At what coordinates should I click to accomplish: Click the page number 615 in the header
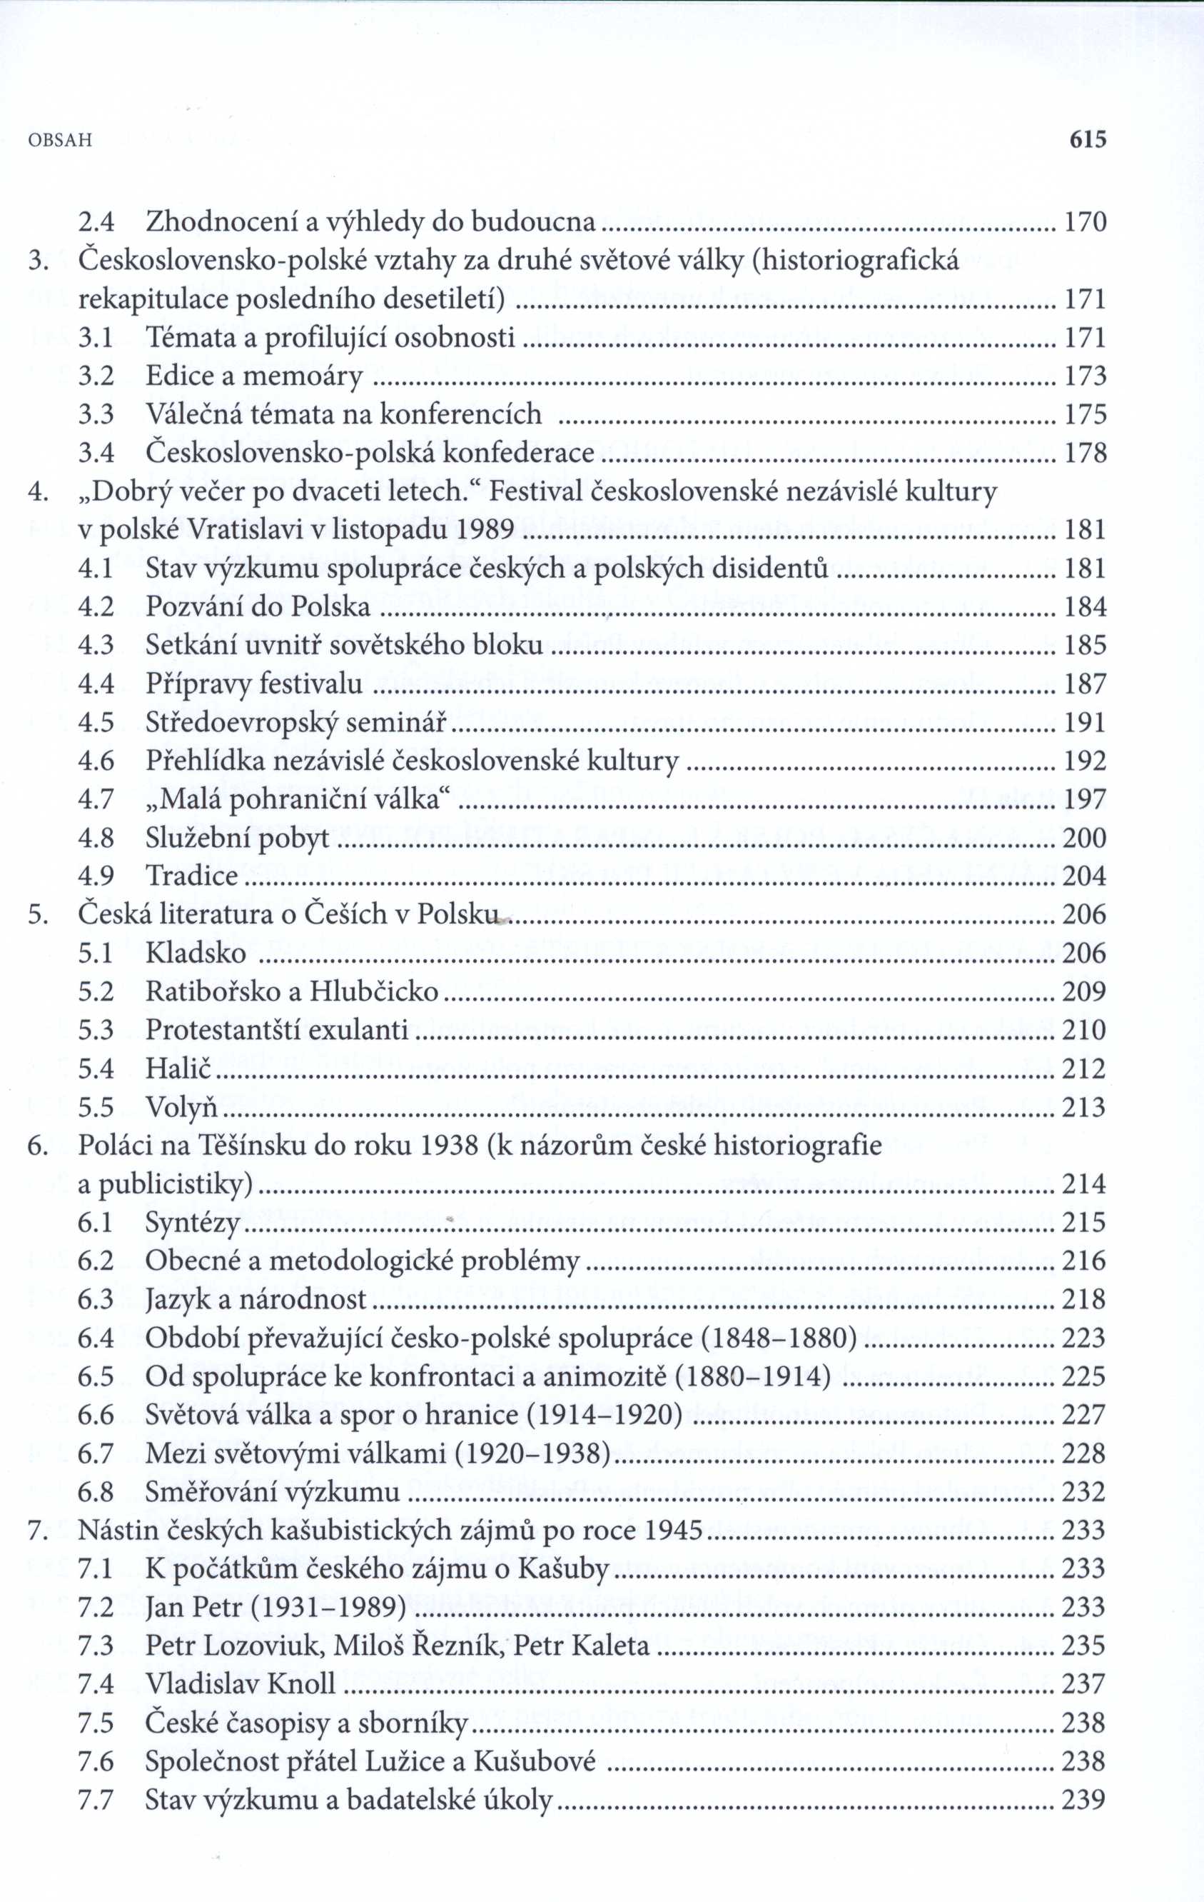point(1087,140)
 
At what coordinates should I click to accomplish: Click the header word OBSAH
point(60,141)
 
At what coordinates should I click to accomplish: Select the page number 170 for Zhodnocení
point(1086,223)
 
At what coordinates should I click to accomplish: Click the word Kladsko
point(196,953)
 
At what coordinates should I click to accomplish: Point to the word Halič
point(179,1069)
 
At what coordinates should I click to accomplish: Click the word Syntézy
point(193,1224)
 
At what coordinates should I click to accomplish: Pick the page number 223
point(1084,1338)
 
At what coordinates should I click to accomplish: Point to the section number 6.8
point(96,1493)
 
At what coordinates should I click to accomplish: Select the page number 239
point(1084,1800)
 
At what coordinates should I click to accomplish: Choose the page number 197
point(1085,800)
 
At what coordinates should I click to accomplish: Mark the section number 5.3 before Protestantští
point(96,1031)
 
